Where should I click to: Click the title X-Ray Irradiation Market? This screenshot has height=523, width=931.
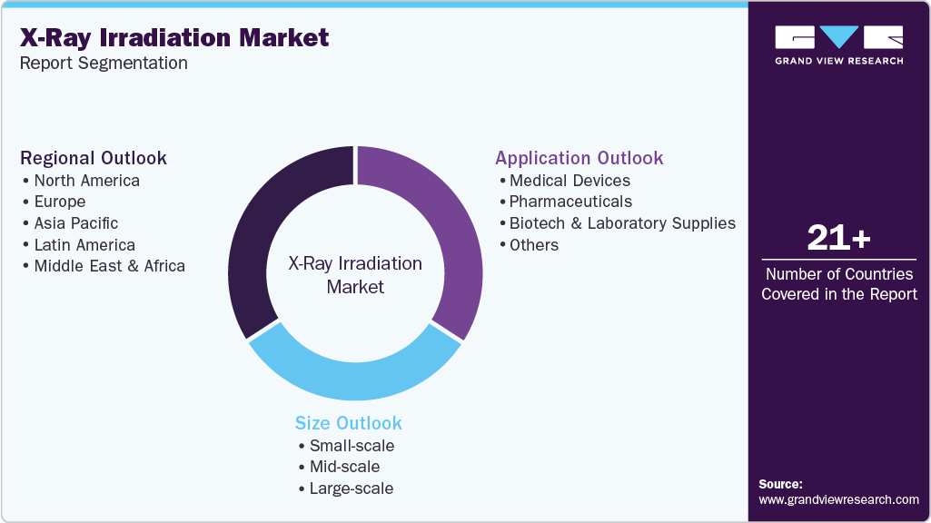174,37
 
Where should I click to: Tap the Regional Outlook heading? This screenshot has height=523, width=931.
94,158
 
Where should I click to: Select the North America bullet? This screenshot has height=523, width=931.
86,180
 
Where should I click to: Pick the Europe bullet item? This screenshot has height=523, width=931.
60,202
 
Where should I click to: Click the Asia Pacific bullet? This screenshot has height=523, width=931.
75,223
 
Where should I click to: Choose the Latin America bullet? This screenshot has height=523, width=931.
84,245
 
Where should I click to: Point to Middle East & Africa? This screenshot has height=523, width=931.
109,267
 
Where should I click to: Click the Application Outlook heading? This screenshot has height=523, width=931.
579,158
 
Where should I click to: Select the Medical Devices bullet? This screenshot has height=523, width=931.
569,180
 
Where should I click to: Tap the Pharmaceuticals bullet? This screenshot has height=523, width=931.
570,202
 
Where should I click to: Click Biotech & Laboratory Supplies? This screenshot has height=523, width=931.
622,223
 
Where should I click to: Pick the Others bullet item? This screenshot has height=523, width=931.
534,245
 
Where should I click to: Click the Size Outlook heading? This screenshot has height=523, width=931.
348,423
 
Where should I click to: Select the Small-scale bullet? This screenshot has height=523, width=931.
352,445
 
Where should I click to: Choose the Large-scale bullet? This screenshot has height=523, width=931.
352,488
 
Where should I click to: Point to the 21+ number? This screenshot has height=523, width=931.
838,239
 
